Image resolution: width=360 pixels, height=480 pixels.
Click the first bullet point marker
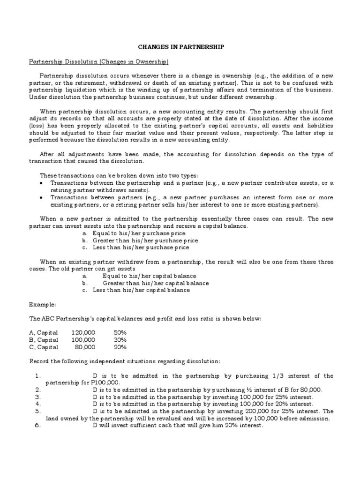(x=42, y=183)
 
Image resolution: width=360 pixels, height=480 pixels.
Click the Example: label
(x=42, y=304)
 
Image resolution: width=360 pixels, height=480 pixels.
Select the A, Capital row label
(x=44, y=332)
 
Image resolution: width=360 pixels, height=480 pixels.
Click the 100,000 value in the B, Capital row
(x=83, y=340)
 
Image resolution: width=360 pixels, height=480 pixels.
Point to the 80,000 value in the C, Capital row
(x=85, y=347)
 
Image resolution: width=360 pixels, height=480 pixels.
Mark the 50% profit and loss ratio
(x=120, y=332)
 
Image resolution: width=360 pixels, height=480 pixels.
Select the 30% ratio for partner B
(x=120, y=340)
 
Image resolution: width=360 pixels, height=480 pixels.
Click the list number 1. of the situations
(x=38, y=376)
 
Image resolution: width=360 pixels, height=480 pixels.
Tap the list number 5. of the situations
(x=38, y=411)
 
